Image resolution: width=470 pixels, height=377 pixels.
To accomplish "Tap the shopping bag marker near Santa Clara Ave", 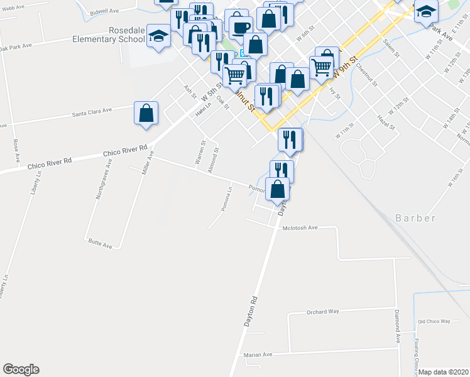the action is [146, 114].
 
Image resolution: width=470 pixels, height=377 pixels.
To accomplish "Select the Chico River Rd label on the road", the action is [125, 152].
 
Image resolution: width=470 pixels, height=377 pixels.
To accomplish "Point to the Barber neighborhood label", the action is [415, 218].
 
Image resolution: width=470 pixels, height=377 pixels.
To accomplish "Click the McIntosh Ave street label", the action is [301, 227].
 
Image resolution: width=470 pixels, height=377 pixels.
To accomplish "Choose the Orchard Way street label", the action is [322, 312].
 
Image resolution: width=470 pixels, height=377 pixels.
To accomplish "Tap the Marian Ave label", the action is [258, 354].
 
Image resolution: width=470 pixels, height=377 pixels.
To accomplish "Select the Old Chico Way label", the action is [434, 321].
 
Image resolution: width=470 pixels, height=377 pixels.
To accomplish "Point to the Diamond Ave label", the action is [398, 325].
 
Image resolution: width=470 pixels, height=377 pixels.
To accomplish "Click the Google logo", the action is [21, 369].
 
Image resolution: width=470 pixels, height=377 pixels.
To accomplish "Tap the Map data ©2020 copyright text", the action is [444, 372].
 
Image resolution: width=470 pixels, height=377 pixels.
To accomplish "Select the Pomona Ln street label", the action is [227, 197].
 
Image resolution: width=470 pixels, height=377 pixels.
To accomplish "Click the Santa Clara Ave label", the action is [91, 111].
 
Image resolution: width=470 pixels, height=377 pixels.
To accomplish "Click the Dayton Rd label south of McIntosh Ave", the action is [249, 311].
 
